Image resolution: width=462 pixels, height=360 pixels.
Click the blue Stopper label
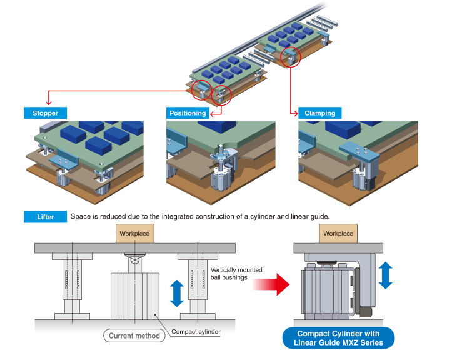click(46, 113)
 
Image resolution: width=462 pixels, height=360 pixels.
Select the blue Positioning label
click(188, 113)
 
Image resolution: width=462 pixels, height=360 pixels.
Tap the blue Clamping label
click(319, 113)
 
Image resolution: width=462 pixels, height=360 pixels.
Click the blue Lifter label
click(45, 217)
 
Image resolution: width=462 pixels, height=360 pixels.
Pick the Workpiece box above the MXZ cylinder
click(338, 234)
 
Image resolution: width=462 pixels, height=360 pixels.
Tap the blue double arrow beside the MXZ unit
click(385, 275)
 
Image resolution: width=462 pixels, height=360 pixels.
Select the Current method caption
click(134, 336)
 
